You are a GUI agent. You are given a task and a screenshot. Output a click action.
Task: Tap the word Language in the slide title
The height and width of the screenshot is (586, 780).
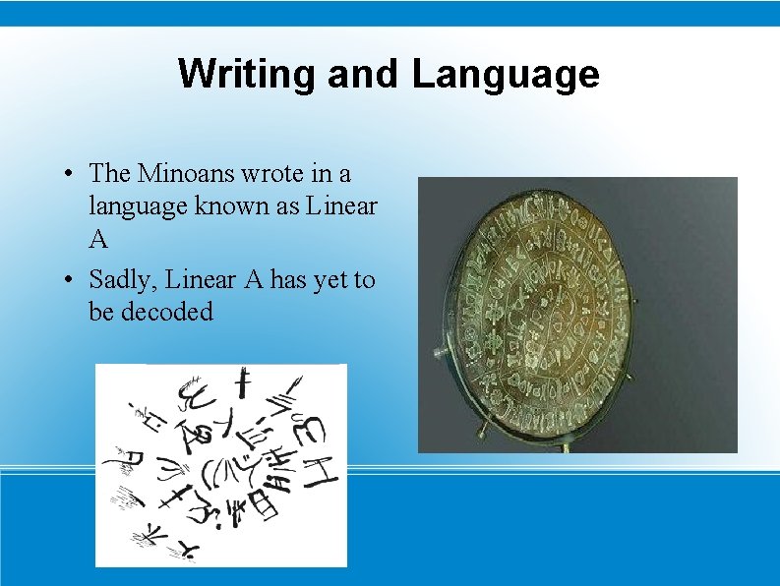point(506,75)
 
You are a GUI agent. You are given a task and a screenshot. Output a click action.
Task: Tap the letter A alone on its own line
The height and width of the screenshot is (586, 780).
point(98,239)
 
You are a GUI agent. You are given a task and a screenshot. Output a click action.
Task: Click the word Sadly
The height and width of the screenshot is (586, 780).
point(123,281)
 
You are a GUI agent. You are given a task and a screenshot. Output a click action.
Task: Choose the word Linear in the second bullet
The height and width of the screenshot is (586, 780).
point(200,280)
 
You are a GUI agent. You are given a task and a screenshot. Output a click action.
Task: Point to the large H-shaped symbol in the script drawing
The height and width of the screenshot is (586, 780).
point(320,463)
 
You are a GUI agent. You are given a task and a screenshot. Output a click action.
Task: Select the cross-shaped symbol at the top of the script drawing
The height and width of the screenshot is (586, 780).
point(238,386)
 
